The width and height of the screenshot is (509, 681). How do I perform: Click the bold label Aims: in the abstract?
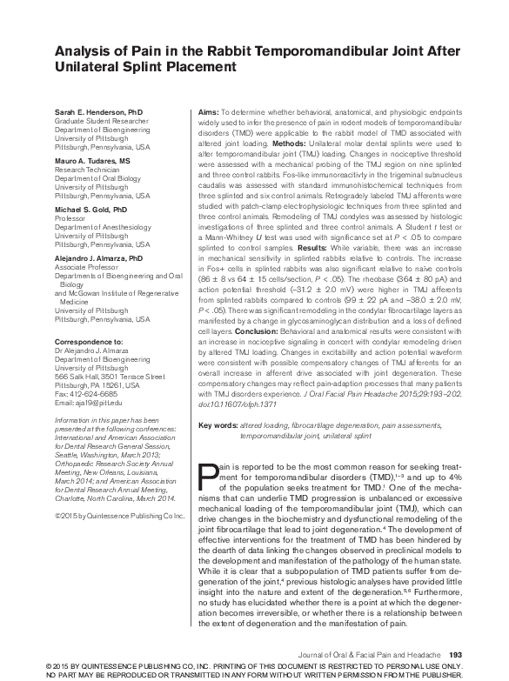coord(207,114)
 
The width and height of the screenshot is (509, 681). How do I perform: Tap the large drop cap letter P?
coord(209,477)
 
